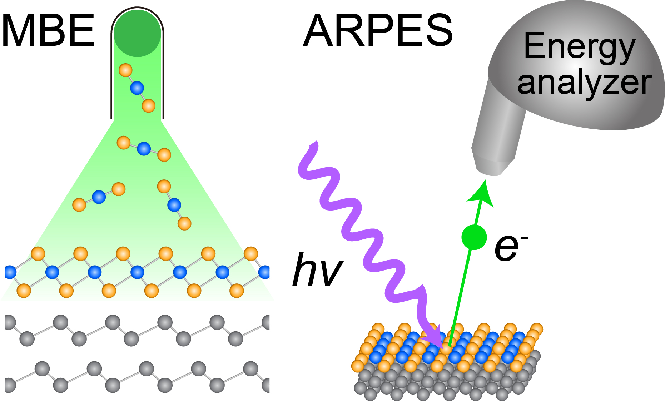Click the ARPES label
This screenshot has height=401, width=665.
point(378,31)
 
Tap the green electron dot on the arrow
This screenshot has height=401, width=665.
point(474,237)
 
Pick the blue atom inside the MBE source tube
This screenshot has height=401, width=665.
point(137,88)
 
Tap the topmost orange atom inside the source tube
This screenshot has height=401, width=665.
point(125,70)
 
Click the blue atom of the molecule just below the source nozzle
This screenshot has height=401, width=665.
point(144,149)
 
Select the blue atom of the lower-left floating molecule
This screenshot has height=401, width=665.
point(99,197)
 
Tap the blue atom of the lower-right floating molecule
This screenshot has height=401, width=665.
point(174,205)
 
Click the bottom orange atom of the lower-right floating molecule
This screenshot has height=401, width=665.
point(184,223)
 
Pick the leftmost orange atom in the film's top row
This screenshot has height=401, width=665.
point(38,254)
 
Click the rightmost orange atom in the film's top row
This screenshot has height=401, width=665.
point(251,254)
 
